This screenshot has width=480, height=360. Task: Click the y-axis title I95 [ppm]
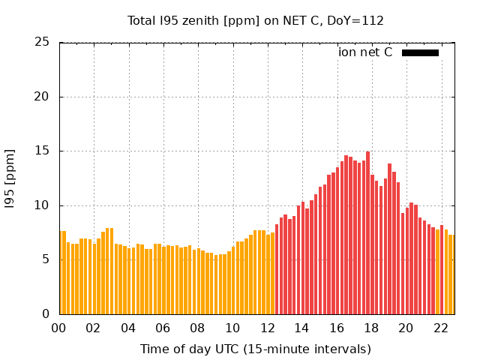click(10, 178)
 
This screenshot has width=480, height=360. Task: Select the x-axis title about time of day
click(256, 349)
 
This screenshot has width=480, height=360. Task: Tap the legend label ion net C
click(365, 52)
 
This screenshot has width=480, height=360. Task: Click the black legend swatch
click(420, 52)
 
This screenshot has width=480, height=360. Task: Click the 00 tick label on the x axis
click(59, 328)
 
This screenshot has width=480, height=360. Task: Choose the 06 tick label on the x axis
click(163, 328)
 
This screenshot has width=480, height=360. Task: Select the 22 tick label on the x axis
click(440, 328)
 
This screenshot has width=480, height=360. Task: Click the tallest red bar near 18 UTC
click(367, 232)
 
